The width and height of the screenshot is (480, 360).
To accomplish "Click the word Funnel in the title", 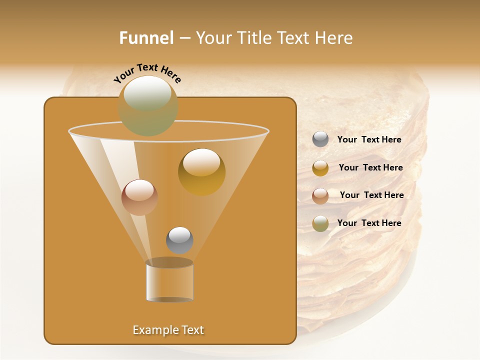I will tap(146, 38).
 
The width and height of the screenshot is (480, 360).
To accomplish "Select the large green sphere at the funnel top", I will tap(148, 106).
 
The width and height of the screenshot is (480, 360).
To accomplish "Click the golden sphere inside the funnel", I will tap(201, 172).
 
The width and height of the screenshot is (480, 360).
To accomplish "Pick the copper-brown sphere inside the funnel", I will tap(139, 197).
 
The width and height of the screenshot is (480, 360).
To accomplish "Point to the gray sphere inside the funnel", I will tap(179, 240).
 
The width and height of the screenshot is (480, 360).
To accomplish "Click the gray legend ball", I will tap(320, 139).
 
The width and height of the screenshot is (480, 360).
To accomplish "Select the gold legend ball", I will tap(320, 168).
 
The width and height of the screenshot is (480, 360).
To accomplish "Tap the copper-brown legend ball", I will tap(320, 195).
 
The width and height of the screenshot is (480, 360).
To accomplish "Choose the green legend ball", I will tap(320, 223).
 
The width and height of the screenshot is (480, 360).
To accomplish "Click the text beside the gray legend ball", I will tap(369, 139).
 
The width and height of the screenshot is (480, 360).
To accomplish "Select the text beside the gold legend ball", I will tap(370, 167).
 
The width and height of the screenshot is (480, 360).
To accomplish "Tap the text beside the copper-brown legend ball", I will tap(371, 195).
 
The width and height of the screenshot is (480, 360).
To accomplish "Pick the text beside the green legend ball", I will tap(369, 223).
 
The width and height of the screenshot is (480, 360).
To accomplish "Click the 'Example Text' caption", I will tap(168, 330).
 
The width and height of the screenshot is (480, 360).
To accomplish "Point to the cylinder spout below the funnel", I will tap(169, 281).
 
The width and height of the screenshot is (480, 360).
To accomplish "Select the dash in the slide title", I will tap(184, 38).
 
